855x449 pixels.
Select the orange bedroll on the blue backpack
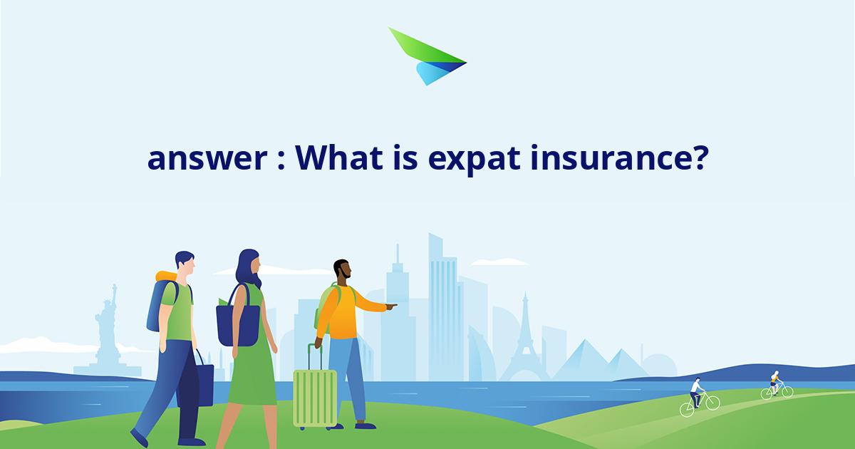(x=165, y=276)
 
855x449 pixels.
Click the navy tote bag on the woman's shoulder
(x=238, y=324)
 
